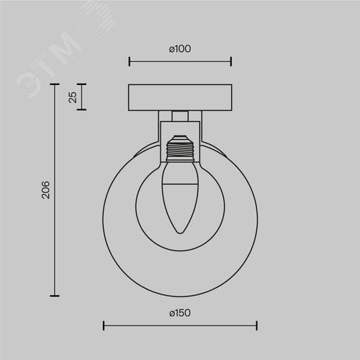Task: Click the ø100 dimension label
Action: click(x=180, y=49)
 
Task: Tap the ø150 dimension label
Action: click(x=180, y=313)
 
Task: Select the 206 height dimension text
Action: click(x=45, y=190)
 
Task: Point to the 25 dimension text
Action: click(x=73, y=97)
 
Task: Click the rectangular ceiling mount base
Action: click(x=180, y=97)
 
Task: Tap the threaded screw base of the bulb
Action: click(x=180, y=148)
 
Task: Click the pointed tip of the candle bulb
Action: click(x=180, y=233)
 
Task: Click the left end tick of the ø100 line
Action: click(x=130, y=61)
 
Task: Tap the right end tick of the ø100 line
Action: click(x=231, y=61)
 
